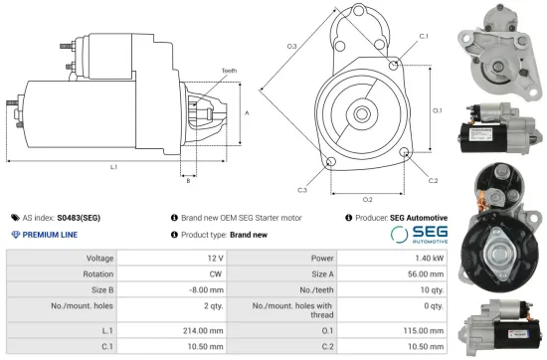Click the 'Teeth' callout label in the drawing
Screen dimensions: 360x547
230,71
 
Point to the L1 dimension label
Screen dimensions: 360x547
115,167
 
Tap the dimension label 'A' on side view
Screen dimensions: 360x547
246,113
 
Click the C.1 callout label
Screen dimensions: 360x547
424,36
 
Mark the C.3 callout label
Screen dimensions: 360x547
301,189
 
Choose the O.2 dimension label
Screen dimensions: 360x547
367,199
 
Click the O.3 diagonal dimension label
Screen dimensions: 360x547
291,47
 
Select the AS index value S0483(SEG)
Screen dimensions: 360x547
79,217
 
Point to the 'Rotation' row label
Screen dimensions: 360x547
97,275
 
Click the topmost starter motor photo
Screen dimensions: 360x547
493,44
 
